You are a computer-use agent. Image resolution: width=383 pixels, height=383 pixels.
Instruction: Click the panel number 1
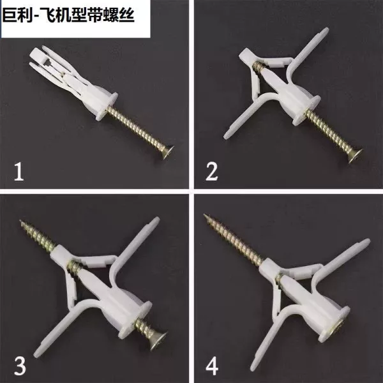point(19,172)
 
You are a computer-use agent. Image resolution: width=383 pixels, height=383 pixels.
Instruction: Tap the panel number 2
point(211,172)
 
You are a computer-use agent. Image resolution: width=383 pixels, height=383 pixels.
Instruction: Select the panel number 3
point(20,365)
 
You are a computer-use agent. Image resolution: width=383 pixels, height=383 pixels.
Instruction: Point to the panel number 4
point(212,366)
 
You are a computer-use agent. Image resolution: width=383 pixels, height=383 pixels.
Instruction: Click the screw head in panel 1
point(167,152)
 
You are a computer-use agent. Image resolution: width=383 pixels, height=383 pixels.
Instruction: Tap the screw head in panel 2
point(355,155)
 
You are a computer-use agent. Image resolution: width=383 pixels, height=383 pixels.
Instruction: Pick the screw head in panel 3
point(159,341)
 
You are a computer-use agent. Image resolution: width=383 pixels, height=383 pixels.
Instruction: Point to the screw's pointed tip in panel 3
point(20,221)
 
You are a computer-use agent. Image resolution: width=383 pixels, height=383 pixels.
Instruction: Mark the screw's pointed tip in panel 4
point(205,216)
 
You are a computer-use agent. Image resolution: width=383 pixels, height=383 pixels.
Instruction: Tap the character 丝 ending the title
point(126,15)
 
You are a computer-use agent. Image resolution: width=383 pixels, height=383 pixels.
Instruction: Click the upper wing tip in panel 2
point(326,31)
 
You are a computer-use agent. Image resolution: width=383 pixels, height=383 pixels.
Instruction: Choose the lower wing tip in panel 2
point(226,136)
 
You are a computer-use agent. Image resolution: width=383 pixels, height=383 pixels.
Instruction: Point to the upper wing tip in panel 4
point(367,242)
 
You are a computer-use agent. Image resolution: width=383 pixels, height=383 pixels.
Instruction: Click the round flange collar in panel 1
point(107,106)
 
